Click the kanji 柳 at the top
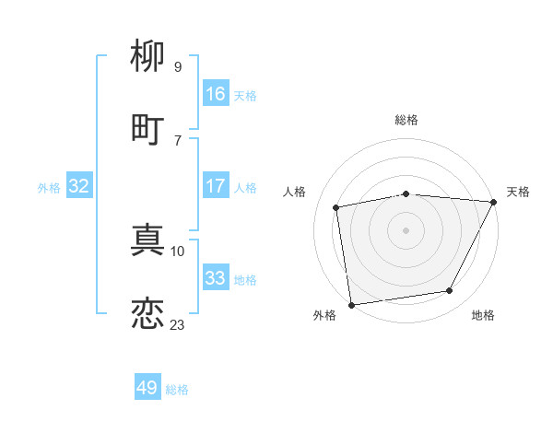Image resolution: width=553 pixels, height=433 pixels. (147, 57)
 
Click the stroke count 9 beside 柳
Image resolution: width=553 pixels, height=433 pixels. (177, 67)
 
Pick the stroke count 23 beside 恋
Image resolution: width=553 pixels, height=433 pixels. (177, 324)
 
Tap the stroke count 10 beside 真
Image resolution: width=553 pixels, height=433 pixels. (178, 251)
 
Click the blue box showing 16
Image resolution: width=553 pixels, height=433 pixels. (216, 94)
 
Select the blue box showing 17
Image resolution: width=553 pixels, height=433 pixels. (216, 186)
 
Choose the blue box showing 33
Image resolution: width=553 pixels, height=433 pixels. (216, 278)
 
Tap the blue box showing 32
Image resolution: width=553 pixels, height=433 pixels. (79, 186)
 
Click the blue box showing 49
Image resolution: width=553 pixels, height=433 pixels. (147, 388)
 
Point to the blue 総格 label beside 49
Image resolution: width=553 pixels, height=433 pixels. (177, 390)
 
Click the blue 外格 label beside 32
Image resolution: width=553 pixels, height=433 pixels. (49, 187)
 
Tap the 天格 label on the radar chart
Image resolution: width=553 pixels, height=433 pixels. (518, 192)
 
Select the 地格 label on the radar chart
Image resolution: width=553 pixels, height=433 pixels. (483, 316)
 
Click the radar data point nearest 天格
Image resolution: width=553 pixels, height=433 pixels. (494, 202)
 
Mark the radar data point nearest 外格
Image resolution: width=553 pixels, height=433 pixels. (351, 304)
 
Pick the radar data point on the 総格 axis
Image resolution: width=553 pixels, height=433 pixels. (406, 193)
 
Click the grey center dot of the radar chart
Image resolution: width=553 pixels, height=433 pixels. (406, 229)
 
